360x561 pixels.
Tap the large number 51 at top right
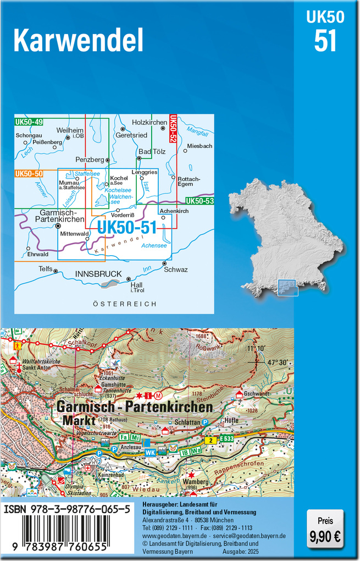point(325,41)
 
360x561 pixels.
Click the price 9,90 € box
point(325,527)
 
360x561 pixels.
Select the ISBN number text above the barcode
point(67,510)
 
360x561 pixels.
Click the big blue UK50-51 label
point(127,227)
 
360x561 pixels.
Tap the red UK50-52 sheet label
point(173,130)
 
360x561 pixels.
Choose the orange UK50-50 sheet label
point(29,174)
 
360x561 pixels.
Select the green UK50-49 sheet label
point(29,122)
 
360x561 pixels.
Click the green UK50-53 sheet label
point(200,201)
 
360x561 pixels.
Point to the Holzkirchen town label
point(149,123)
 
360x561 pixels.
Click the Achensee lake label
point(154,245)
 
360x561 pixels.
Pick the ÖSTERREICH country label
point(125,304)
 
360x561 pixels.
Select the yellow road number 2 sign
point(210,441)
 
